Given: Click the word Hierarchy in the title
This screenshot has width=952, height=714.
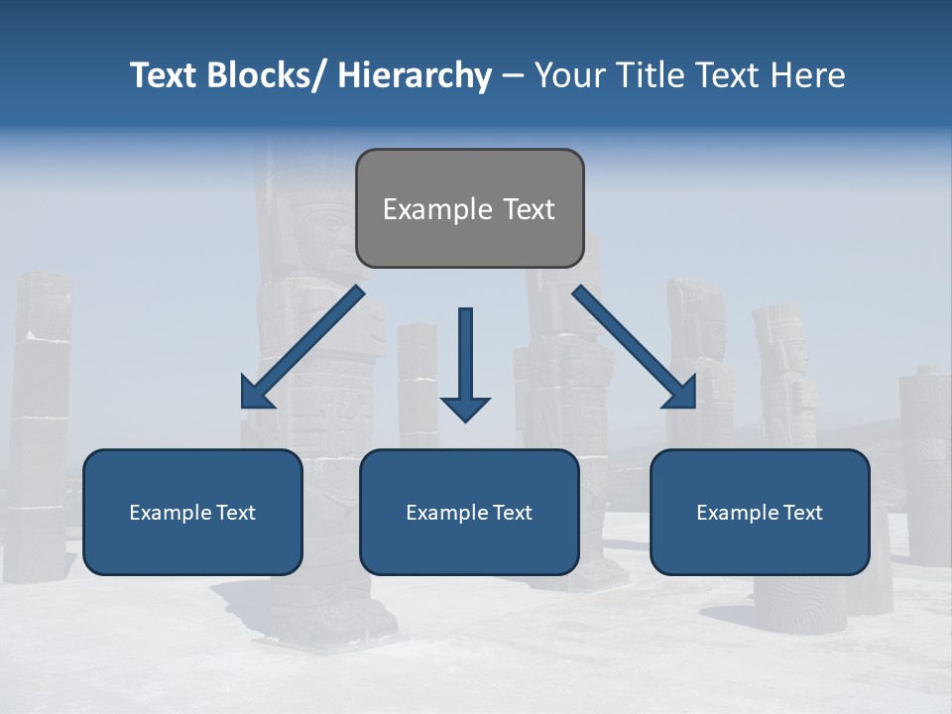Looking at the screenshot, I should [415, 75].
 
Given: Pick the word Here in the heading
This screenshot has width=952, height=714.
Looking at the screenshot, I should [807, 75].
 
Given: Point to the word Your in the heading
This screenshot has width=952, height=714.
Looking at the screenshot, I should [569, 75].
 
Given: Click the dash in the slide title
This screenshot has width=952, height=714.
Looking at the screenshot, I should [513, 76].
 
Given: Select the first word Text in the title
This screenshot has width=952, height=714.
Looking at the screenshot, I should [165, 75].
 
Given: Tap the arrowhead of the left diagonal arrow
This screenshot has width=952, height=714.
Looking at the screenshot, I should [256, 393].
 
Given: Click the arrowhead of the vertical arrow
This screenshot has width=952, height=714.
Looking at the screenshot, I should [465, 408].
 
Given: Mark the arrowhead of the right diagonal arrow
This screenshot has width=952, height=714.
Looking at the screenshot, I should [681, 393].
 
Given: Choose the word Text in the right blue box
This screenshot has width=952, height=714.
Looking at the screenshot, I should [801, 513].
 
